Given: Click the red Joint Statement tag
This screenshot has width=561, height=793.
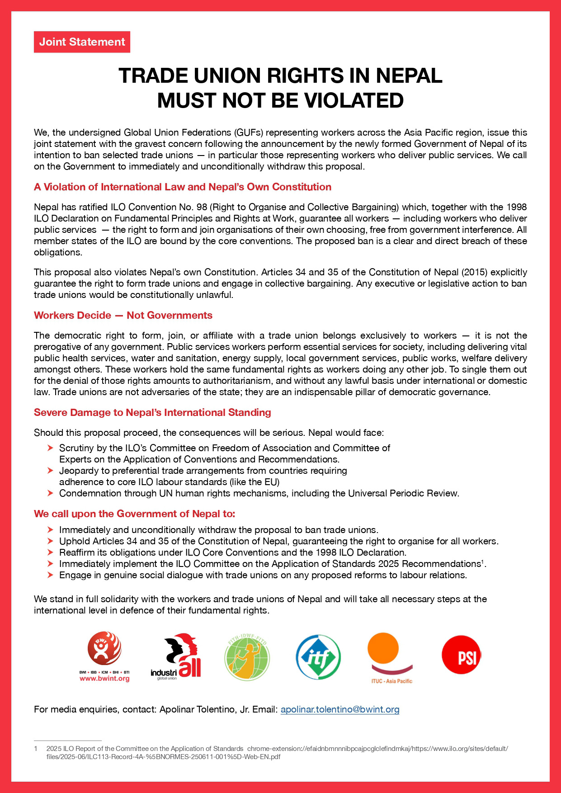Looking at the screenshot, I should click(82, 42).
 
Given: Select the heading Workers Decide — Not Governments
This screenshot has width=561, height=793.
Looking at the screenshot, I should click(123, 315).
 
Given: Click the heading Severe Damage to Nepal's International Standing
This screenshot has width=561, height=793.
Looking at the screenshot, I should click(152, 412).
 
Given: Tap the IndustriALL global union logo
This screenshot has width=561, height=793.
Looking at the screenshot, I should click(176, 656).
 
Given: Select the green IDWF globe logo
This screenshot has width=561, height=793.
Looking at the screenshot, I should click(247, 656).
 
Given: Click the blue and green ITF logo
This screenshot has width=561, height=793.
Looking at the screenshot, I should click(318, 656).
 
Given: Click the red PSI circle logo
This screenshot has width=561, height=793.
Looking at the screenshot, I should click(461, 655).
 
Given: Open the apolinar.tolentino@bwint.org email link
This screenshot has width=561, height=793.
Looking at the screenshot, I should click(340, 709).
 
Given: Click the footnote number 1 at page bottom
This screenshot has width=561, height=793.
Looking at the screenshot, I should click(36, 749).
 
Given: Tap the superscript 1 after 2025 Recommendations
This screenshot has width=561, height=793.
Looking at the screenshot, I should click(482, 562).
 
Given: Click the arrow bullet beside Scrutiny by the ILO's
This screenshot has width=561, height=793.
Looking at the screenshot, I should click(50, 448).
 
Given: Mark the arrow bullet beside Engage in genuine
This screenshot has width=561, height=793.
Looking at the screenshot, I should click(50, 575).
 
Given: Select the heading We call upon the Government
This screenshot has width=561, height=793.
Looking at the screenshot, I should click(134, 514).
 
